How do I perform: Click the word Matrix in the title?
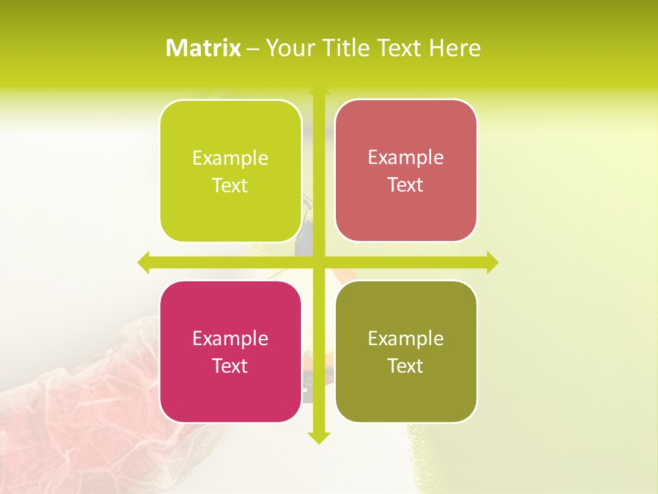pyautogui.click(x=204, y=48)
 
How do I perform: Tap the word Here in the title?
pyautogui.click(x=455, y=48)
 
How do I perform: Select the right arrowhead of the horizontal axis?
pyautogui.click(x=492, y=262)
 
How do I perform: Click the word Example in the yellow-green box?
pyautogui.click(x=230, y=158)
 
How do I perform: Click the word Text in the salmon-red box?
pyautogui.click(x=406, y=185)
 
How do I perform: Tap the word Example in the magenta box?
pyautogui.click(x=230, y=338)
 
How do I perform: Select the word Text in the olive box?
pyautogui.click(x=406, y=366)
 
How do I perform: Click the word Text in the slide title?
pyautogui.click(x=401, y=48)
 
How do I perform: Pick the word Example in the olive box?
pyautogui.click(x=406, y=338)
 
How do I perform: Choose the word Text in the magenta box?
pyautogui.click(x=230, y=366)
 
